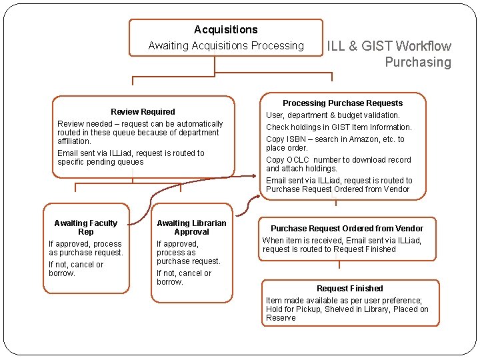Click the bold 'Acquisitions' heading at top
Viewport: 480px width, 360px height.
point(225,30)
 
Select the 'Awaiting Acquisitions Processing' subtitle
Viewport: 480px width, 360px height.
point(225,46)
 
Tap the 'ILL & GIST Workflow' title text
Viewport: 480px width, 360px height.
point(388,46)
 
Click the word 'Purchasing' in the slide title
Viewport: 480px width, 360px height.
point(417,63)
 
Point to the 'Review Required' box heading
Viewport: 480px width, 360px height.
point(143,112)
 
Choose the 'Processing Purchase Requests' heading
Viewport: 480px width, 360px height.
point(343,103)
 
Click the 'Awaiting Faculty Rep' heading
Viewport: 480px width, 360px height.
point(85,227)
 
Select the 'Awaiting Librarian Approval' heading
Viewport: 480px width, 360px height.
point(191,227)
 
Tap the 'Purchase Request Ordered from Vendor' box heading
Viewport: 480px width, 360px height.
point(347,229)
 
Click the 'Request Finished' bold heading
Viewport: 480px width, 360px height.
point(350,289)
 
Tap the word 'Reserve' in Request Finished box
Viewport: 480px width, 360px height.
point(281,318)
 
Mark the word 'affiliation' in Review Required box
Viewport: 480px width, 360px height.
point(74,141)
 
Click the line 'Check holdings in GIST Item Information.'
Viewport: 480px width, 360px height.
point(339,127)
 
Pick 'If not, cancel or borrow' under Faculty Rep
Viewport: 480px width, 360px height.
point(76,269)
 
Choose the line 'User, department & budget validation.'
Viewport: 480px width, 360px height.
point(333,115)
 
